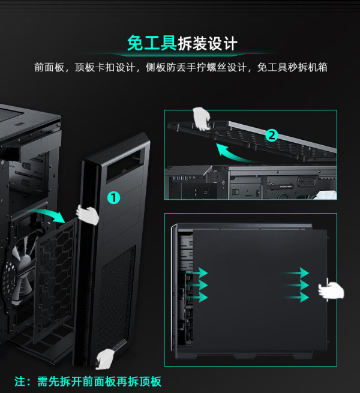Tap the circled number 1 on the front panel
click(x=113, y=197)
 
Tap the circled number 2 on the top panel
click(x=272, y=135)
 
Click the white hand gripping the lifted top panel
click(x=202, y=118)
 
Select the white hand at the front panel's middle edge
click(x=88, y=214)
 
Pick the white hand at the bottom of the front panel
click(x=107, y=358)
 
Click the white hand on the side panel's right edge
click(x=331, y=291)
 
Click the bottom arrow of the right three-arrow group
click(x=298, y=297)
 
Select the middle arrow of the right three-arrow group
click(x=298, y=285)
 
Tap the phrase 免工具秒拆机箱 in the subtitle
click(x=292, y=67)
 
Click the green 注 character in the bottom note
click(x=21, y=382)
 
